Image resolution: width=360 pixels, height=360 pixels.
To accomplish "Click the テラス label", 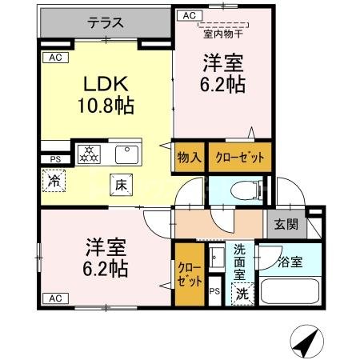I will click(x=105, y=24).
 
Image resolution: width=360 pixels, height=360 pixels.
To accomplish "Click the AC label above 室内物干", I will click(x=189, y=15).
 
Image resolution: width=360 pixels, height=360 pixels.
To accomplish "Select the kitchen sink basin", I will click(x=126, y=154).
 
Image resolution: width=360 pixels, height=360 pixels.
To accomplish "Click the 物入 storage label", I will click(x=189, y=157).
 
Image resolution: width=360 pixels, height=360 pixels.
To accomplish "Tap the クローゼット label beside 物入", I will click(x=239, y=157).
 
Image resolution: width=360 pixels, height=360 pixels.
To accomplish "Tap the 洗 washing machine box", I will click(x=242, y=293).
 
